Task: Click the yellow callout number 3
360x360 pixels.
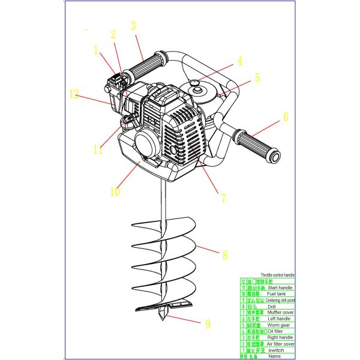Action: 133,26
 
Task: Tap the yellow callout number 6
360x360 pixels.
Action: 286,117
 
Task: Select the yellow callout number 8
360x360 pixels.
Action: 225,255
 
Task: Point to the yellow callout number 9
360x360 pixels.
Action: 208,324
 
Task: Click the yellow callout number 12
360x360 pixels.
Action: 74,94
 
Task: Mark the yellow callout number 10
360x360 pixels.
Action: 115,192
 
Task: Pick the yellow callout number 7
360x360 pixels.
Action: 223,197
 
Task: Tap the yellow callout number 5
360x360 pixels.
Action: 257,77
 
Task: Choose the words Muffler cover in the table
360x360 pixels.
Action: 279,312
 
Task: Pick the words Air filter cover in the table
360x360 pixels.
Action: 280,344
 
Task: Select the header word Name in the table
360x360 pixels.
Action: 274,356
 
